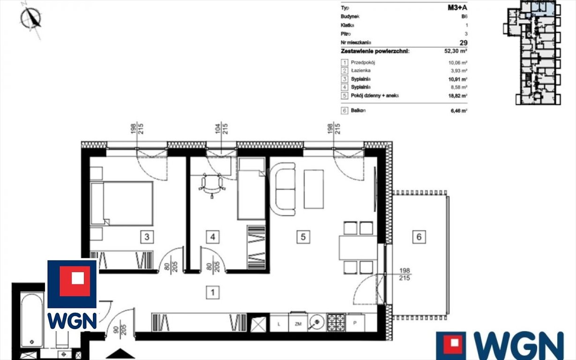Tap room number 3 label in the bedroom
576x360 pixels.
147,237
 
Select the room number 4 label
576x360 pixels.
213,237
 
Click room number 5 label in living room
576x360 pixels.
303,237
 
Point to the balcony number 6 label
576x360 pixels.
419,237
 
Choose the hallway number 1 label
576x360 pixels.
213,293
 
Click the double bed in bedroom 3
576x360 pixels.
122,203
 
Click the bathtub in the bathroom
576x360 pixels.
32,321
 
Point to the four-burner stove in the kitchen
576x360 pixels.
336,322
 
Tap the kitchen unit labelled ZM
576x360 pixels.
298,322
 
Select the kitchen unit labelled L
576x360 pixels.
279,322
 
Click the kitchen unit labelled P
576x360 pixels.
355,322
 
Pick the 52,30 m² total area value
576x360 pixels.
456,51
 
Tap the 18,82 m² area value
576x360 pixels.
457,96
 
